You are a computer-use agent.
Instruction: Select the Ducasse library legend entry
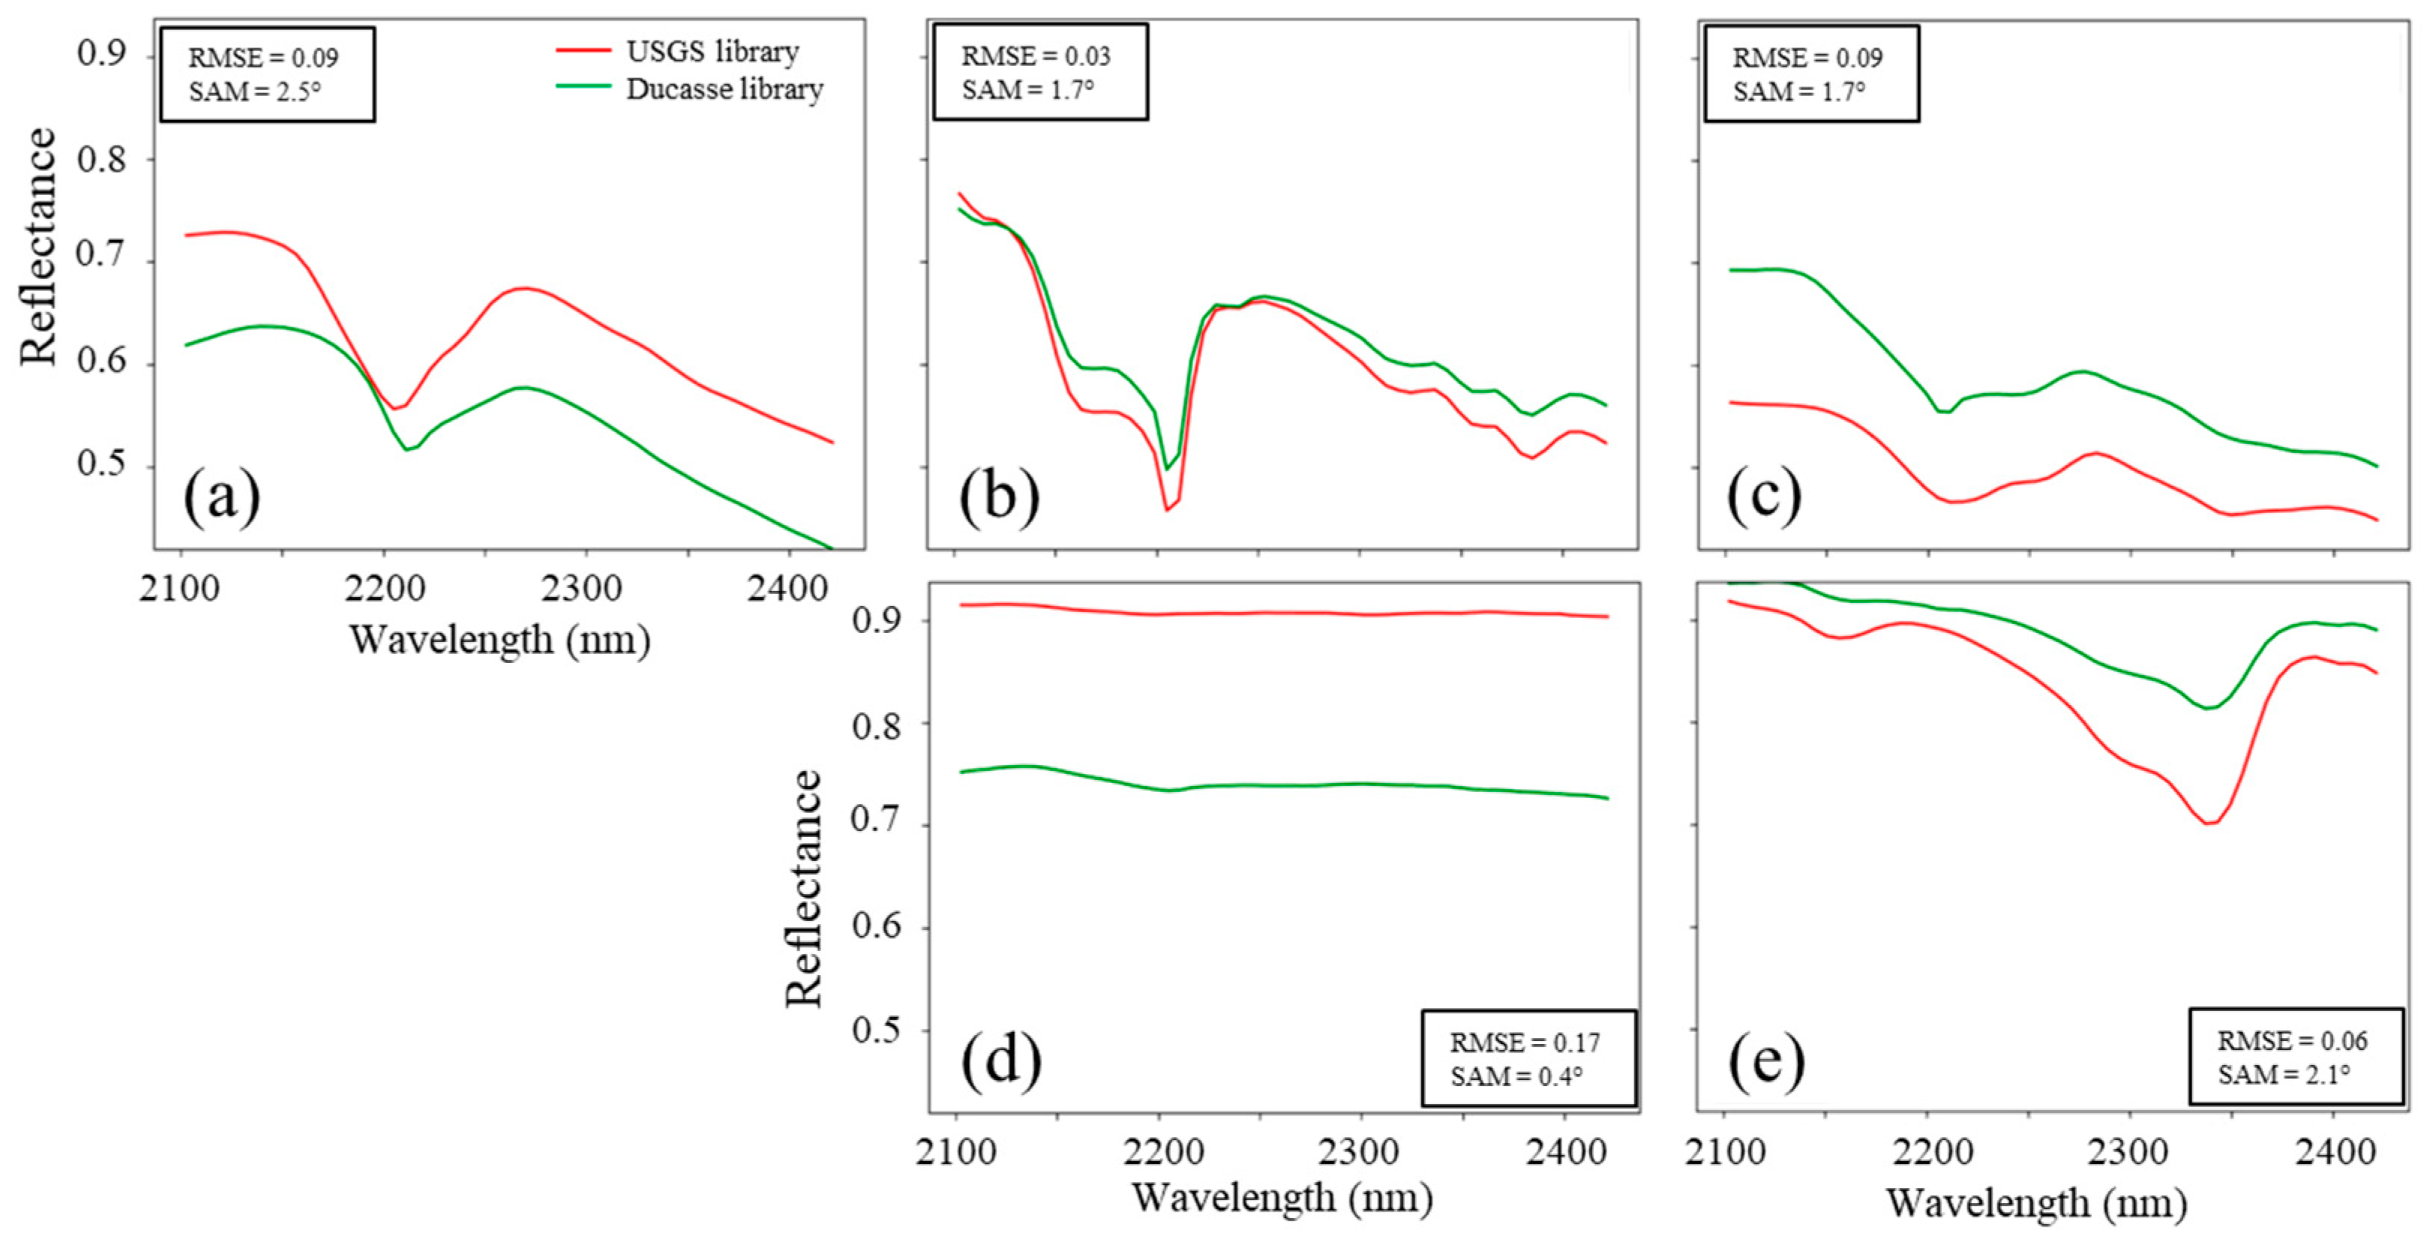click(x=724, y=89)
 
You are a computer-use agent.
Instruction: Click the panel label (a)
click(x=221, y=496)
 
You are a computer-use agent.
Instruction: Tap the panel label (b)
click(x=999, y=496)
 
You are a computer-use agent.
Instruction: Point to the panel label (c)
click(x=1764, y=496)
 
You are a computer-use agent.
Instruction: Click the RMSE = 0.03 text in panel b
click(x=1036, y=56)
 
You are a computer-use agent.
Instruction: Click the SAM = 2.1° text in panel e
click(x=2283, y=1074)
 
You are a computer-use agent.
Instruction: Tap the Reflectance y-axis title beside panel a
click(x=39, y=247)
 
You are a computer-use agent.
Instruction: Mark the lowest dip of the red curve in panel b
click(x=1166, y=510)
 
